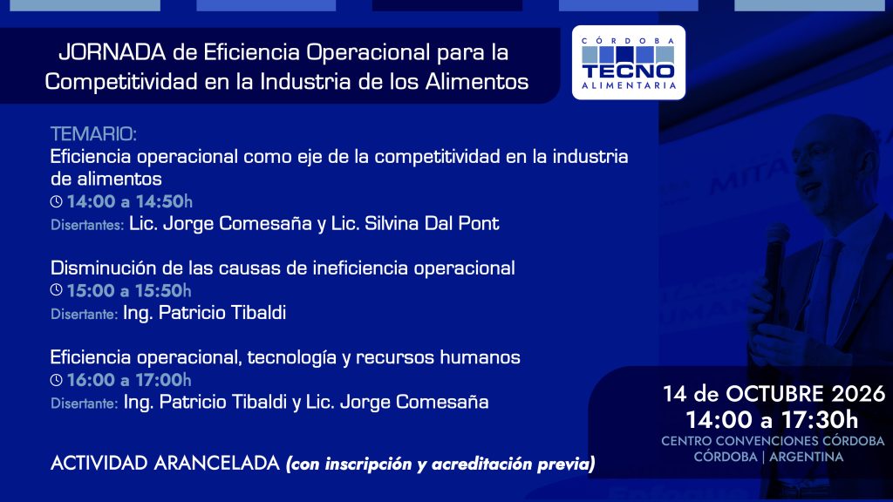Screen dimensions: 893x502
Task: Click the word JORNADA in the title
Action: pos(112,52)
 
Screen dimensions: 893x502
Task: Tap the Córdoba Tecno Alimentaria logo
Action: pos(628,63)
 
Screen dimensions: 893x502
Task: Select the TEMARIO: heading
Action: pos(93,134)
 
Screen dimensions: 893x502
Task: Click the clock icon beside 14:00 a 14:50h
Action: pos(56,201)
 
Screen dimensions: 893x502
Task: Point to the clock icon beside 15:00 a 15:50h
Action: pos(56,289)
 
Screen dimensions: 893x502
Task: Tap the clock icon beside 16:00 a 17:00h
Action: pos(56,380)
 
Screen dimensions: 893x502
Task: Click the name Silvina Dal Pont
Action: pos(432,223)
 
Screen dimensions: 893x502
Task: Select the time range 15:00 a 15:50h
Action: pos(129,290)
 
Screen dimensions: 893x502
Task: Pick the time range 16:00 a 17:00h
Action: pos(129,380)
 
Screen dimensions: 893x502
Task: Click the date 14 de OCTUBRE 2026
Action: pos(774,394)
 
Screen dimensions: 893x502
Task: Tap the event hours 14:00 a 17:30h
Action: pos(772,420)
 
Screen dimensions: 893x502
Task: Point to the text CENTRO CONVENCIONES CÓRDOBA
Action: pos(773,441)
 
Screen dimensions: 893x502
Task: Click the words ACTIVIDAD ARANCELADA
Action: pos(165,463)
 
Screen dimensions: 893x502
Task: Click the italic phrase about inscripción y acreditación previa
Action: pos(440,464)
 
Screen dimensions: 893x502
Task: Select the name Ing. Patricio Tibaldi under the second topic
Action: pos(204,313)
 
